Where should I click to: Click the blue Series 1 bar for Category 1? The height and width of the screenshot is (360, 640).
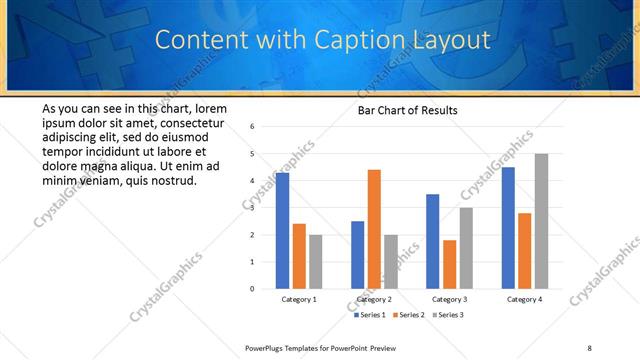tap(282, 231)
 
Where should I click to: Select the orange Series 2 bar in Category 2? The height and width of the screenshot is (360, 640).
tap(374, 229)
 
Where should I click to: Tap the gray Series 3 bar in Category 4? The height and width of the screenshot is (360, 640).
tap(541, 221)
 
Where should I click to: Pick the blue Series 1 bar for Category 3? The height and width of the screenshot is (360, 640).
tap(432, 241)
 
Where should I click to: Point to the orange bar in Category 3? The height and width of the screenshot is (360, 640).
tap(449, 264)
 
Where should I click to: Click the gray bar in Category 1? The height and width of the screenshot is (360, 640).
tap(315, 262)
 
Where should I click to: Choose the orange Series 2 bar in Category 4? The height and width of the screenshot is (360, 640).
tap(524, 250)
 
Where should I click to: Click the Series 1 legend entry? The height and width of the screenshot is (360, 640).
tap(370, 315)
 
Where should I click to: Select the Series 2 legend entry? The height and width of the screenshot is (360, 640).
tap(409, 315)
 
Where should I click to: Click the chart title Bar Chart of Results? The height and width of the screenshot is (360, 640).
tap(408, 110)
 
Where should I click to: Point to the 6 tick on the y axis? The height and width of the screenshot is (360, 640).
tap(253, 127)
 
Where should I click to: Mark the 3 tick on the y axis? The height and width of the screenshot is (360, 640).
tap(253, 208)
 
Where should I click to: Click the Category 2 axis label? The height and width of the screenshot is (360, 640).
tap(374, 299)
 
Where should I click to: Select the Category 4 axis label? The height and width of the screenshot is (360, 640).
tap(524, 299)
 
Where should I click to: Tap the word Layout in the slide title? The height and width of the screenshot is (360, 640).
tap(448, 41)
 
